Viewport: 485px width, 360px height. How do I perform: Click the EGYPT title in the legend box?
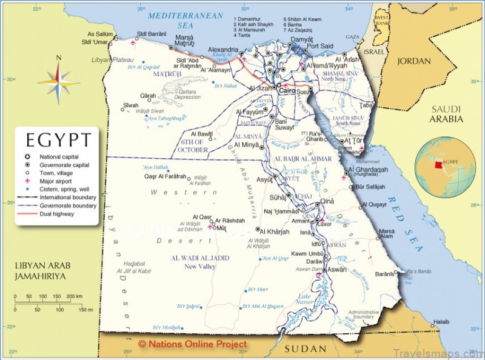pos(58,141)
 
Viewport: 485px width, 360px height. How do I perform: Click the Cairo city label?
pos(287,90)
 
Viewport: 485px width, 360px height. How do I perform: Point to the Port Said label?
pos(319,47)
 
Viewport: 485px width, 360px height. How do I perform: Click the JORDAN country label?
pos(414,61)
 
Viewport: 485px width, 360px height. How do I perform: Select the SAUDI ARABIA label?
pos(446,114)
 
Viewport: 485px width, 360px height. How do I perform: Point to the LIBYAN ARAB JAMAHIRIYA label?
pos(41,271)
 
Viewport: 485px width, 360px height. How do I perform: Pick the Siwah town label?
pos(130,105)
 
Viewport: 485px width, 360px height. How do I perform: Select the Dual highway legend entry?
pos(58,214)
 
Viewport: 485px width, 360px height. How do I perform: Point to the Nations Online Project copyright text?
pos(193,344)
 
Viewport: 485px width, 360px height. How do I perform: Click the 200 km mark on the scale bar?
pos(75,296)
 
